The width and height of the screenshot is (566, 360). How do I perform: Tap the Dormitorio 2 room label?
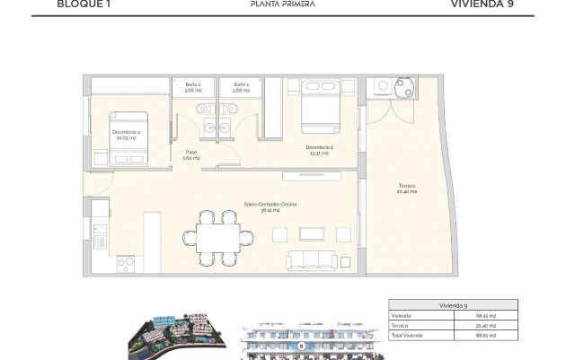point(127,135)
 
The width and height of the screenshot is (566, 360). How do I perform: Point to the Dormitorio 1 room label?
point(319,149)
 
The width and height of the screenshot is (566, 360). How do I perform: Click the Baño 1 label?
point(240,86)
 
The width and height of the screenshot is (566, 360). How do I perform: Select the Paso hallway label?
point(191,154)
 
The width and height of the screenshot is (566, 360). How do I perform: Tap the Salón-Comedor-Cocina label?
point(270,207)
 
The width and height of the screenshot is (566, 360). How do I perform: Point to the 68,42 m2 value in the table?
point(512,316)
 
